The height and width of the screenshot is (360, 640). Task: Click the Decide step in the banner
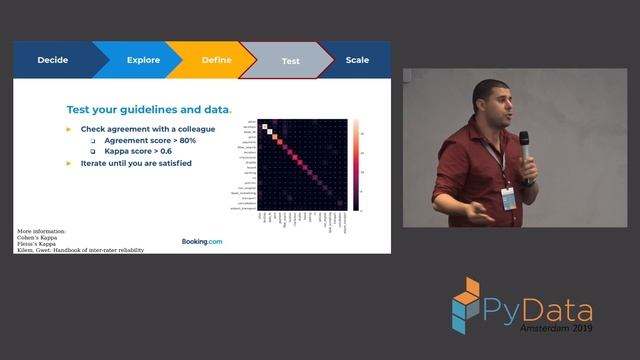[x=52, y=60]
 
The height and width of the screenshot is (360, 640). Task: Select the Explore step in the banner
[x=143, y=60]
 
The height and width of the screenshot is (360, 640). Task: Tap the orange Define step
[x=216, y=60]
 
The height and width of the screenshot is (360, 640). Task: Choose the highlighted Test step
[x=290, y=61]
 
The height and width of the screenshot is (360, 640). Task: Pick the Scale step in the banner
[x=357, y=60]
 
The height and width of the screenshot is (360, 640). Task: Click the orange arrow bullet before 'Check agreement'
[x=69, y=130]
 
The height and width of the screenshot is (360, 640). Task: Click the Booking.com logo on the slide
[x=202, y=241]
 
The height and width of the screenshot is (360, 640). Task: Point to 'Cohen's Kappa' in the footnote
[x=36, y=236]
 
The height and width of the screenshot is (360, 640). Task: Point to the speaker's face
[x=491, y=103]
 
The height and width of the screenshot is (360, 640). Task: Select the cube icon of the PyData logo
[x=465, y=304]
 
